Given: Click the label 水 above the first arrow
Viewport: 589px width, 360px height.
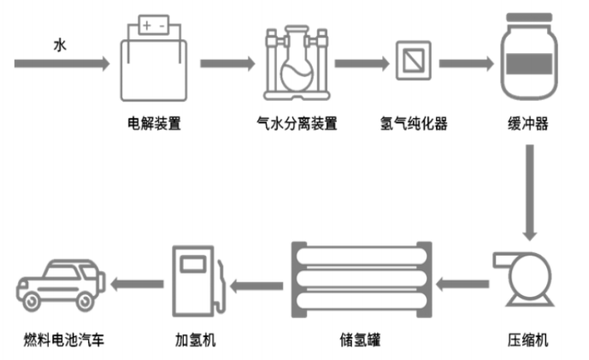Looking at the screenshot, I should point(59,43).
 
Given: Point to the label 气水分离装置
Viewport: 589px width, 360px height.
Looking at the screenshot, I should point(297,123).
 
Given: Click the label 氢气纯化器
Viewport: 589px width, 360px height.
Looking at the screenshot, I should point(413,123).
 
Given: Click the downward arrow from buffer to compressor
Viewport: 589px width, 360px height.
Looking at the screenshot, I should point(530,192).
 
